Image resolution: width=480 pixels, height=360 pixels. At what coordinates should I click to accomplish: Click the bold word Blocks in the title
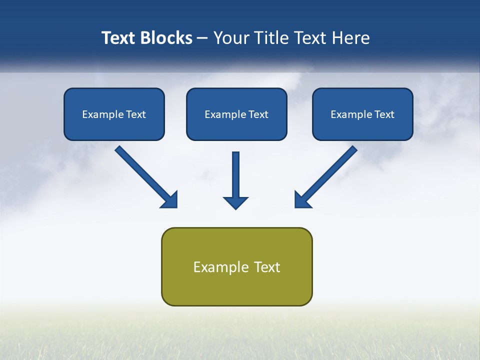click(166, 38)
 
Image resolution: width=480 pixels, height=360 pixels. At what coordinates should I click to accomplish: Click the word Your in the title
click(230, 38)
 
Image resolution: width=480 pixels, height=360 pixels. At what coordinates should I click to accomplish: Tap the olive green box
click(236, 287)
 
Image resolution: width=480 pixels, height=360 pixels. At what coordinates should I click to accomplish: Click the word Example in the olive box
click(214, 267)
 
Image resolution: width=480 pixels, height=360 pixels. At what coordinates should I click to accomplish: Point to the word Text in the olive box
click(267, 267)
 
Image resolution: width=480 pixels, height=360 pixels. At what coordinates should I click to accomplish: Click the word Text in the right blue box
click(384, 114)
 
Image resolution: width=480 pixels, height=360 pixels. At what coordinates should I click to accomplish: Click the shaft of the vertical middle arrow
click(235, 172)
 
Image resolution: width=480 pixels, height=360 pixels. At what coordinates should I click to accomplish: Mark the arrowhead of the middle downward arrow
click(235, 202)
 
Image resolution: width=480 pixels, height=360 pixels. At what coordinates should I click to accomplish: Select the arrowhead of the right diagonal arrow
click(301, 200)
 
